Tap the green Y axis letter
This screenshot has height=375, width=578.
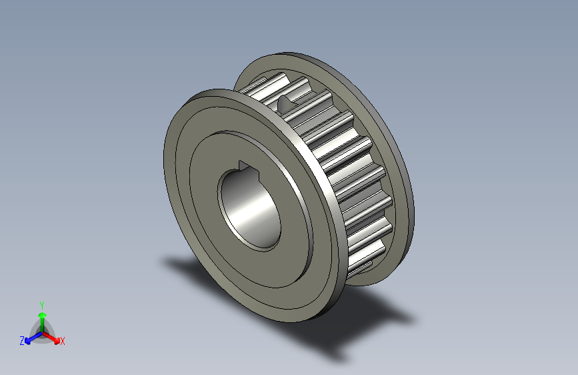pos(41,304)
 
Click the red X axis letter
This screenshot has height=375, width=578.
pos(63,341)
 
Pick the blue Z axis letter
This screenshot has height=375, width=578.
pos(22,340)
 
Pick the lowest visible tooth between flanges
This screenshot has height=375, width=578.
pos(360,267)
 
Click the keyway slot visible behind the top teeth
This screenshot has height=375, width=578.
pos(285,103)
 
